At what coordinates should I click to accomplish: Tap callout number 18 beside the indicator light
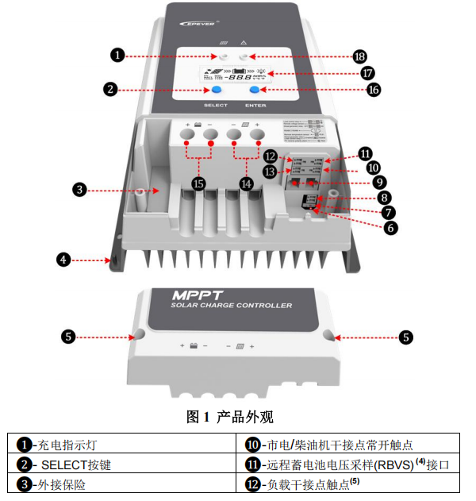[359, 56]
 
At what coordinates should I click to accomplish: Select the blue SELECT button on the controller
[216, 91]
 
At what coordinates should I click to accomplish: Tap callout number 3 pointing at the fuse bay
[79, 189]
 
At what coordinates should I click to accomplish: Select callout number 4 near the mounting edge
[63, 260]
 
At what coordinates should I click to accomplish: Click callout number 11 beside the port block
[365, 152]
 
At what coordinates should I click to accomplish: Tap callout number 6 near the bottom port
[391, 227]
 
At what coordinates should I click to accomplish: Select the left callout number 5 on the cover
[69, 337]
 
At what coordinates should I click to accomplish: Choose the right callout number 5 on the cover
[405, 337]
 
